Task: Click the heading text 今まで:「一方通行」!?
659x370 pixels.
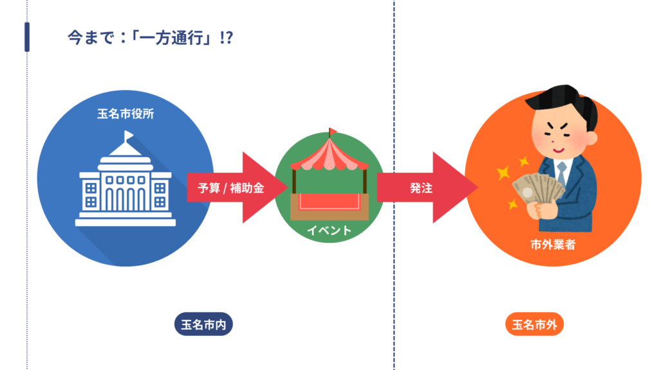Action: (150, 38)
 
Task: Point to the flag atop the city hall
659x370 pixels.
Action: (129, 136)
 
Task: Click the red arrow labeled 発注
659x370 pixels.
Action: (425, 188)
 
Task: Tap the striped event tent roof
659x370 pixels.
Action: (329, 155)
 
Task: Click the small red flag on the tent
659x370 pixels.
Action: (333, 131)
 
